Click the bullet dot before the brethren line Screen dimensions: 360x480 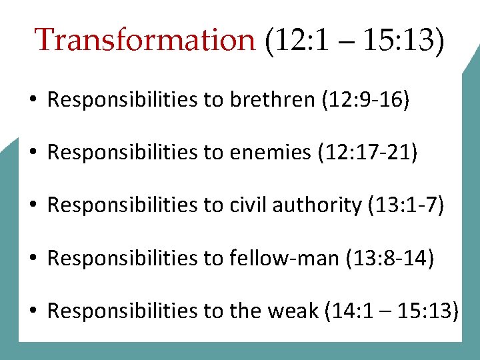click(x=32, y=101)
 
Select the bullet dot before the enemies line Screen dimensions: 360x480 click(x=32, y=153)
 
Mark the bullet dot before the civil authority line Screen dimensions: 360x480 click(x=32, y=206)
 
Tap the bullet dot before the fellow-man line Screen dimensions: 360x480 click(x=32, y=259)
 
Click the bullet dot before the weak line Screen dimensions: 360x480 click(x=32, y=311)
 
